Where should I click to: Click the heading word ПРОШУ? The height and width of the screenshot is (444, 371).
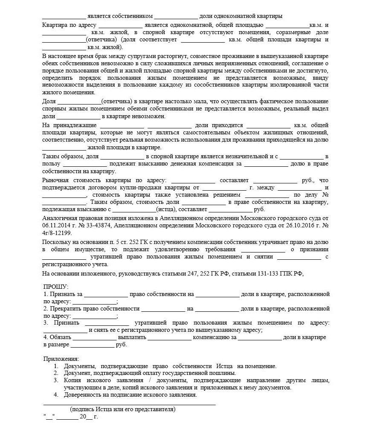point(55,286)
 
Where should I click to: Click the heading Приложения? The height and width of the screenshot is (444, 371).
point(61,359)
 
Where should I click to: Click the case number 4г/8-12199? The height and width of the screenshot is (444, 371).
point(58,233)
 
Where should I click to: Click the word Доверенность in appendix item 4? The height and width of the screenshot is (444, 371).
point(83,395)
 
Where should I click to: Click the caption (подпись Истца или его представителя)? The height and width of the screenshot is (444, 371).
point(123,409)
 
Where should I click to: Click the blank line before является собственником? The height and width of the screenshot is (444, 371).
point(64,16)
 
